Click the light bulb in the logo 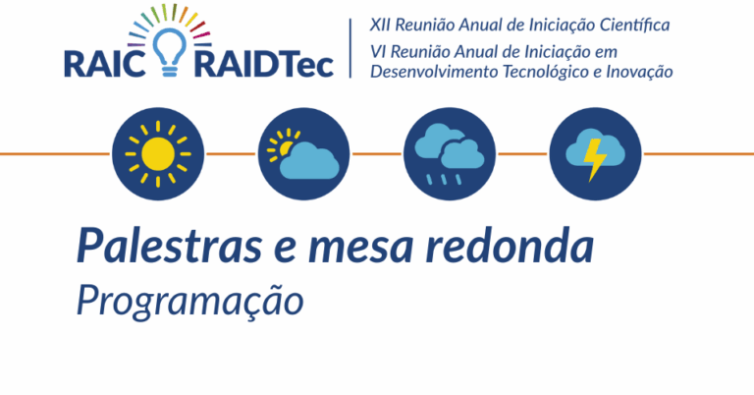[169, 52]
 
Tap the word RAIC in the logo [105, 65]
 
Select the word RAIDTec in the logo [264, 65]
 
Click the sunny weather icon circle [158, 154]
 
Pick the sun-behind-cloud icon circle [304, 154]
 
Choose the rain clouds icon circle [450, 154]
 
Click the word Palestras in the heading [169, 247]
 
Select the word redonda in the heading [510, 246]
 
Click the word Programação [190, 302]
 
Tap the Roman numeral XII [380, 25]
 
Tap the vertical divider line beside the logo [350, 48]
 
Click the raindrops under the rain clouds [444, 180]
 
